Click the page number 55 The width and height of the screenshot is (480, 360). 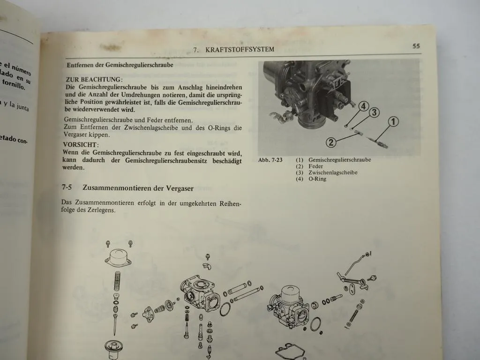click(x=416, y=46)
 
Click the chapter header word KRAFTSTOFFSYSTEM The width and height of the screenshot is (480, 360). click(x=240, y=49)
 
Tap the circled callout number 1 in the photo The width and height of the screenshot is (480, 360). click(x=393, y=122)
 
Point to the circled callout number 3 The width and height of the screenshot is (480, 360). click(x=374, y=112)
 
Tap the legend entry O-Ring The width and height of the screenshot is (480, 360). click(x=317, y=179)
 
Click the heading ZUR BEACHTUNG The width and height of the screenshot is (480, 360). click(x=94, y=80)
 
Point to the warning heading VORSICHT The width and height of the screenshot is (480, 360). click(x=81, y=145)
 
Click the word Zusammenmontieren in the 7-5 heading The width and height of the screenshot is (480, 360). click(x=117, y=188)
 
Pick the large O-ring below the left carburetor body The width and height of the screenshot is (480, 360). click(x=225, y=309)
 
